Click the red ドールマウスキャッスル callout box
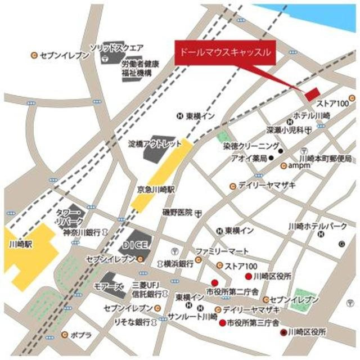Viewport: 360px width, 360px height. click(x=226, y=53)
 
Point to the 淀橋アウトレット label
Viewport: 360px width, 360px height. click(x=155, y=144)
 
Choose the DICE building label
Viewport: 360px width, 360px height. click(x=135, y=245)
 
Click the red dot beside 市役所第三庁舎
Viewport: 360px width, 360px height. click(x=222, y=323)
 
